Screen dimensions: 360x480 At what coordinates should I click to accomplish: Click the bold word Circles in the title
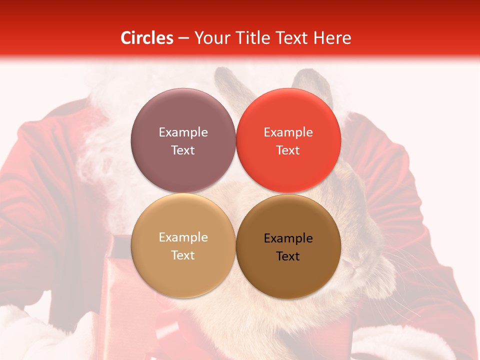coord(146,38)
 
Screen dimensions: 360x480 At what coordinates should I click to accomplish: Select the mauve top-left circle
coord(183,140)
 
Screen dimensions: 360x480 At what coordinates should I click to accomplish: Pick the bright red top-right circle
coord(288,140)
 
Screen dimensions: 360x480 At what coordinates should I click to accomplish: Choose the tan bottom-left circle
coord(183,245)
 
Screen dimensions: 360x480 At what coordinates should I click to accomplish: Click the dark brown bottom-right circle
coord(288,246)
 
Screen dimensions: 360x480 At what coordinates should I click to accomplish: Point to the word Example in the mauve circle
coord(183,132)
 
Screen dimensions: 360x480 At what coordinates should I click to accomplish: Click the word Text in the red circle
coord(288,150)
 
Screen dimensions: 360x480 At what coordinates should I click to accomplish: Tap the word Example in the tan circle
coord(183,237)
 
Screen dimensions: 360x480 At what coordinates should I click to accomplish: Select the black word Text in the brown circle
coord(288,256)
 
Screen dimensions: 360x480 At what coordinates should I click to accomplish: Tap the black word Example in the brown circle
coord(288,238)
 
